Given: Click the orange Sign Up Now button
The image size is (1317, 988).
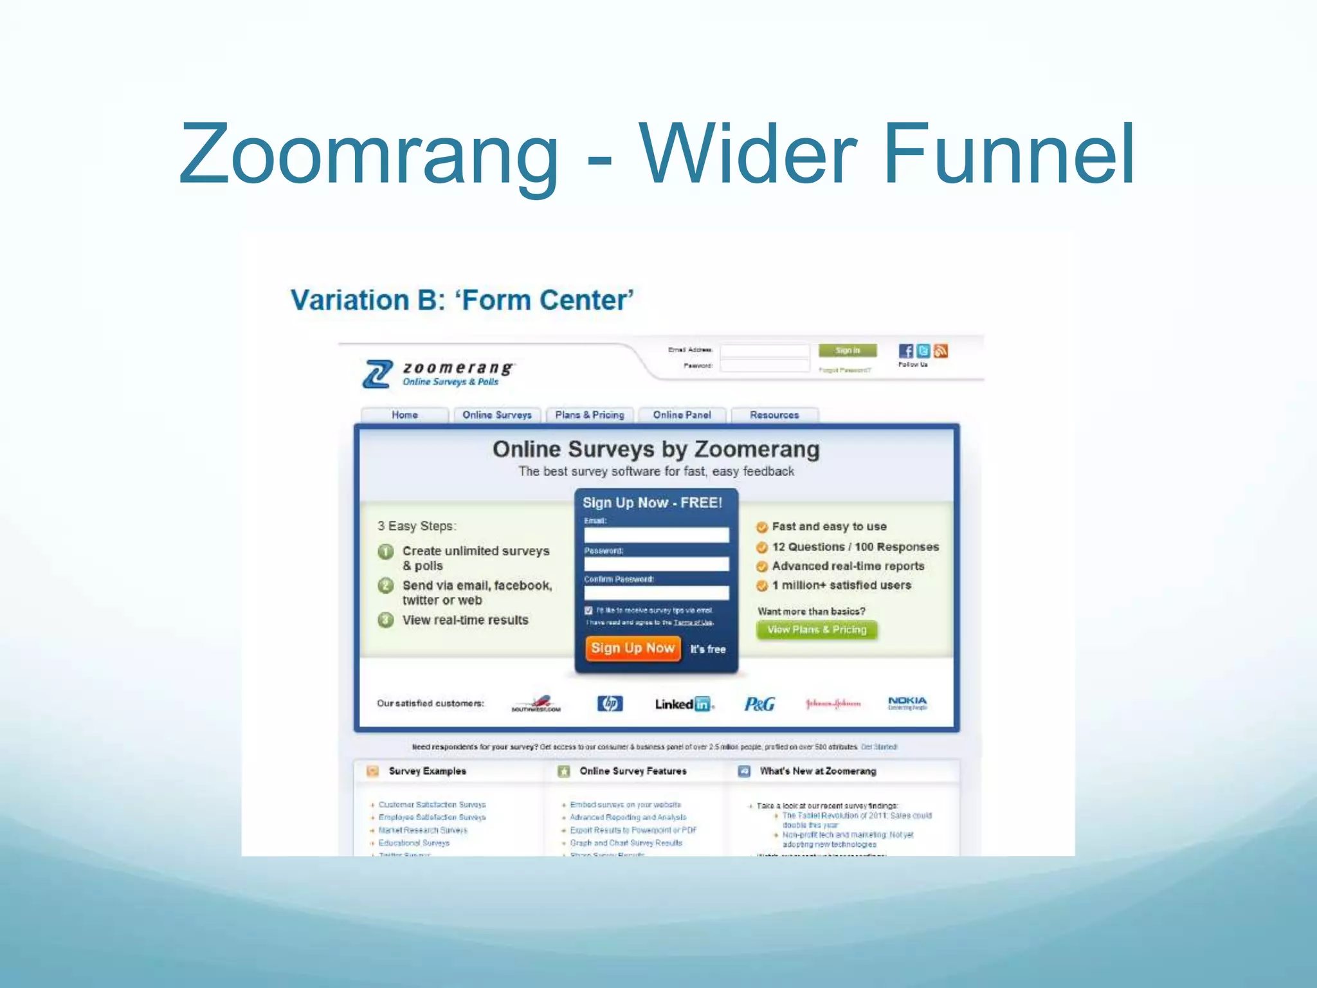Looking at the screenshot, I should (x=633, y=648).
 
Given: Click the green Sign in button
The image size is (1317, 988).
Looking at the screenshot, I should (x=848, y=351).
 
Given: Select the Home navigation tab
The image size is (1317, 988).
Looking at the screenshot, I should (x=404, y=415).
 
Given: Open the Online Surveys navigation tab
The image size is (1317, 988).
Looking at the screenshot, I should (x=497, y=415).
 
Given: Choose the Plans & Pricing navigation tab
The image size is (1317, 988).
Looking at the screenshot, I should (x=590, y=415).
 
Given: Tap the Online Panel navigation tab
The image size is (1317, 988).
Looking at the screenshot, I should (x=682, y=415).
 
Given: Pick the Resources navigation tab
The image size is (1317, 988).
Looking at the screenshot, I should (x=774, y=415).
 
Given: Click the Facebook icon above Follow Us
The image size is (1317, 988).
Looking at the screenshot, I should (x=905, y=351).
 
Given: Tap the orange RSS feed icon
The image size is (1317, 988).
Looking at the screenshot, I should (x=941, y=351).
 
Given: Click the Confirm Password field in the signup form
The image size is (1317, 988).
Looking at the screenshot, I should (x=657, y=592).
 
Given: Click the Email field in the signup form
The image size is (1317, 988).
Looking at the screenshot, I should (x=657, y=535).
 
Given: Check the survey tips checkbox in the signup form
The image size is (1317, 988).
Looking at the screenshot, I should (x=588, y=610).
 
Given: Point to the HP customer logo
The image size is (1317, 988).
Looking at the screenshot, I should (x=610, y=704).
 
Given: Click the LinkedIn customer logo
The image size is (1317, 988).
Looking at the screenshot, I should (x=684, y=704).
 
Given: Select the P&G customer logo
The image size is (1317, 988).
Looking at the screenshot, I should (x=759, y=704).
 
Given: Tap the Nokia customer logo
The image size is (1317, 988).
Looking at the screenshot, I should (x=907, y=702).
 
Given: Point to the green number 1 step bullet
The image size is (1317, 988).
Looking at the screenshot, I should (x=386, y=552).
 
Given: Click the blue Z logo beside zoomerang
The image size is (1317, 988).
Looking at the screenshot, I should (x=377, y=374).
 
